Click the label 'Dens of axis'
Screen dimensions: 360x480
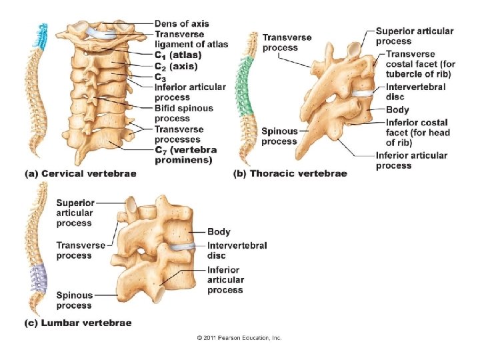(x=181, y=24)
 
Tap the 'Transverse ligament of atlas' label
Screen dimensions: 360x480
(x=191, y=39)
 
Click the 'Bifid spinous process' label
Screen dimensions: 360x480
(x=184, y=113)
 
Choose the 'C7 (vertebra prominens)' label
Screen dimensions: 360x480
(x=186, y=155)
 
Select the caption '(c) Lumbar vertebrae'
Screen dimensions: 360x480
(x=77, y=323)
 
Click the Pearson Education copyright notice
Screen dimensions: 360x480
(x=239, y=338)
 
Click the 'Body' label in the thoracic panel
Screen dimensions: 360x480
(x=397, y=109)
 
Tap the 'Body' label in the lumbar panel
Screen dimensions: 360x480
(x=219, y=232)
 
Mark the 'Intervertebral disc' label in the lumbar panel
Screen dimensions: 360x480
(x=237, y=250)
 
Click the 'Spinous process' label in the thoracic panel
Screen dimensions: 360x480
(x=279, y=136)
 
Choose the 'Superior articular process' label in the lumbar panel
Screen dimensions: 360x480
(x=75, y=212)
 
